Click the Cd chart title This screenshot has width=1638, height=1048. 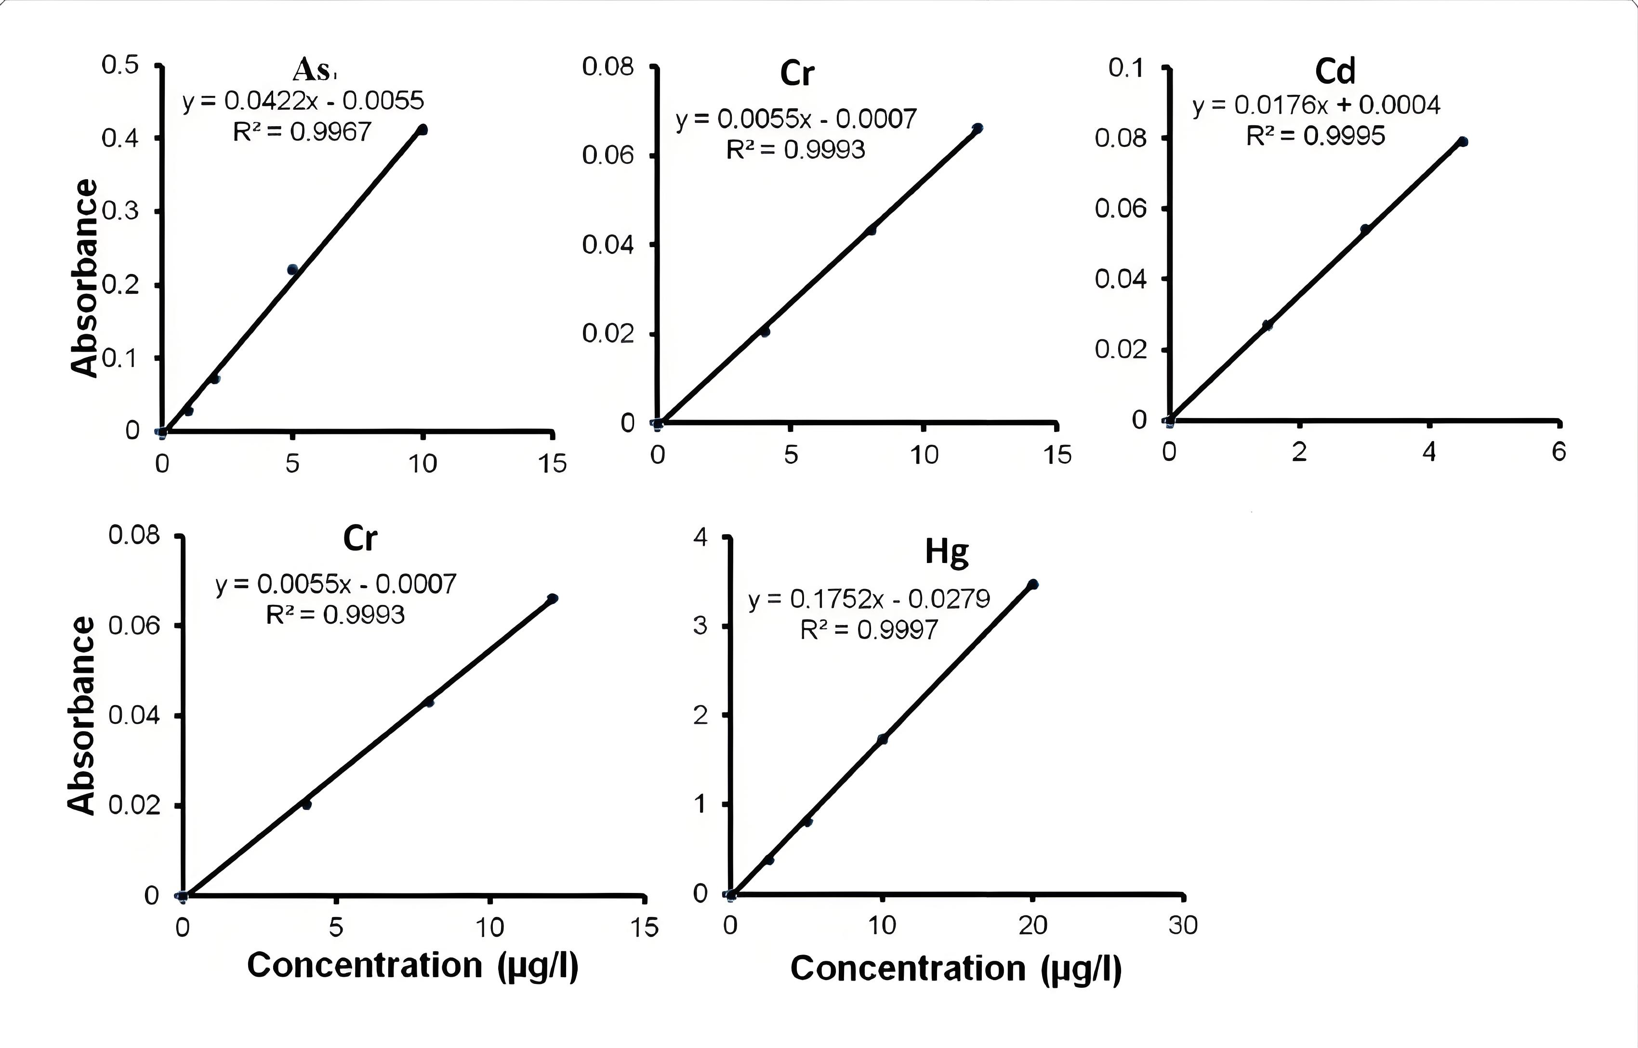point(1335,71)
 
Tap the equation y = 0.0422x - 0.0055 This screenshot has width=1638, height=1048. point(303,101)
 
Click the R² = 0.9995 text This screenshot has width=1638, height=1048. point(1315,136)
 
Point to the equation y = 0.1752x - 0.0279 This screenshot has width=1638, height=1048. point(869,599)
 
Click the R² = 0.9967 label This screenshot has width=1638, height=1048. point(302,131)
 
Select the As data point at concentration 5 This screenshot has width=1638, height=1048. point(292,270)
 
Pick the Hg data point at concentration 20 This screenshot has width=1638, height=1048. point(1032,584)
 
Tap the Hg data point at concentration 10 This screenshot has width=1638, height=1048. point(883,739)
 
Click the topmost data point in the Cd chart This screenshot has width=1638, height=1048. point(1463,142)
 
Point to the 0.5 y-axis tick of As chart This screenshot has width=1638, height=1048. point(120,65)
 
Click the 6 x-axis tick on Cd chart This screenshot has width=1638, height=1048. point(1559,451)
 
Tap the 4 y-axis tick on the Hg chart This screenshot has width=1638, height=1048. point(700,537)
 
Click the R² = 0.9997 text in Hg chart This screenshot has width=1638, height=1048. point(869,630)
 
